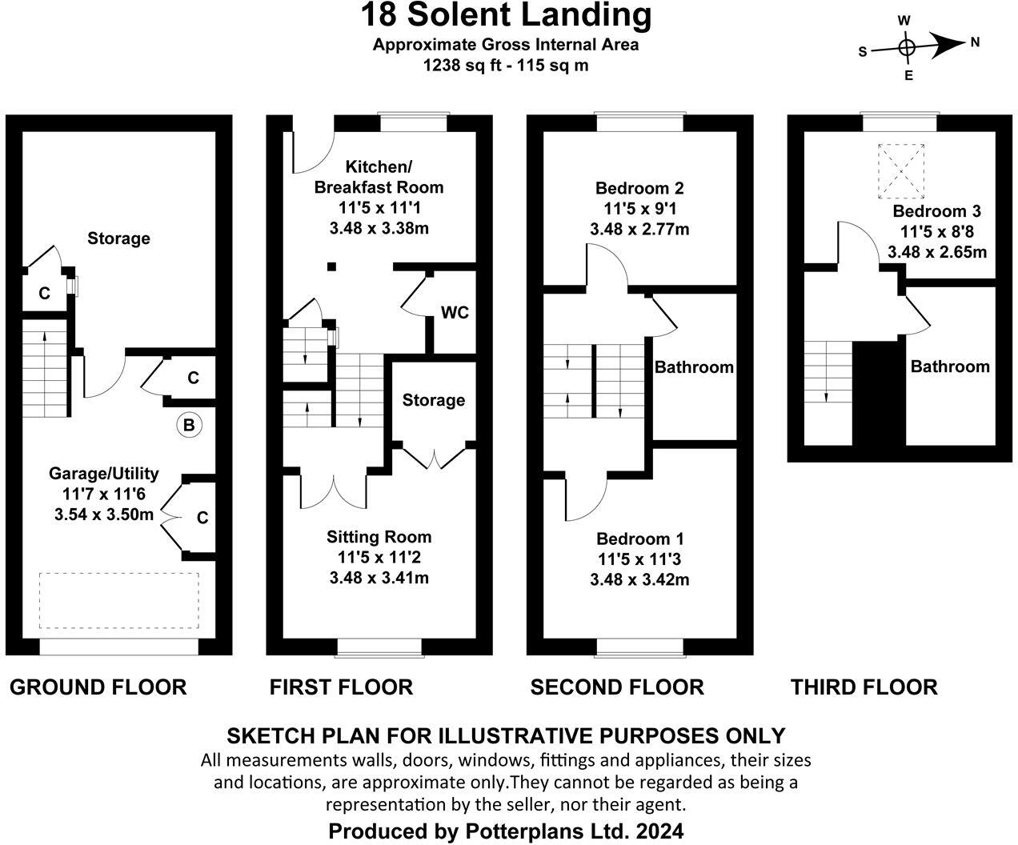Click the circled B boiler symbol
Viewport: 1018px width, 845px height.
(x=189, y=425)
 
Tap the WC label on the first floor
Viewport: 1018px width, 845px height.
(x=455, y=312)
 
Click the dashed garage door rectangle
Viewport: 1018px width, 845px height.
(x=118, y=600)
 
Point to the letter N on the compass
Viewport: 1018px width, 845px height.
(x=975, y=43)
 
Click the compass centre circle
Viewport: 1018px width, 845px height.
(x=907, y=47)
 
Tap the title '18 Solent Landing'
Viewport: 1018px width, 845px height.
(x=506, y=15)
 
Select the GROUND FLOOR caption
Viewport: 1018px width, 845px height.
(x=98, y=687)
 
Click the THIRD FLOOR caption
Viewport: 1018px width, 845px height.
(x=864, y=687)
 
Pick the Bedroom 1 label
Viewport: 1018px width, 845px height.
(x=639, y=539)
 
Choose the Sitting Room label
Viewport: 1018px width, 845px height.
(x=379, y=537)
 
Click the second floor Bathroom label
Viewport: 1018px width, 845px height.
(x=694, y=367)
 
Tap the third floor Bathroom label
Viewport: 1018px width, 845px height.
(x=950, y=366)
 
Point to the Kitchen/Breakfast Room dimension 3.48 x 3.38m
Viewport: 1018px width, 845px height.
(x=379, y=228)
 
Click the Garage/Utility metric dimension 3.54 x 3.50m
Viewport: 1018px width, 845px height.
(x=104, y=514)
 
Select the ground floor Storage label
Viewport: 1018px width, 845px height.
(x=118, y=238)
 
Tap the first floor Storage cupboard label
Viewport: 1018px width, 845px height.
(x=433, y=400)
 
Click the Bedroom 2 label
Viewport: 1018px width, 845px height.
(x=639, y=189)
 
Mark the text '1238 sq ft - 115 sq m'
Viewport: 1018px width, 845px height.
(x=506, y=66)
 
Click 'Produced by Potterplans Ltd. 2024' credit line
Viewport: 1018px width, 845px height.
(x=506, y=831)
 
